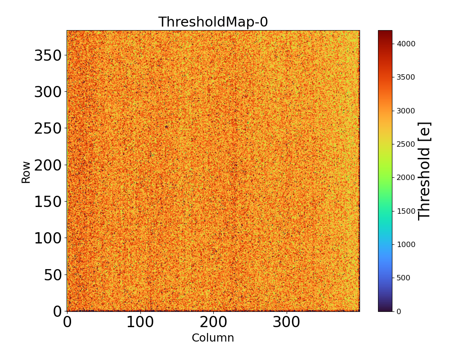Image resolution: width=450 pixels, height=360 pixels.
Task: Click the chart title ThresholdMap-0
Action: click(213, 22)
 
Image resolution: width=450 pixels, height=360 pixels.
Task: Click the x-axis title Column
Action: click(213, 338)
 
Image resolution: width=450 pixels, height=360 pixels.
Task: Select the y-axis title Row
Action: click(26, 172)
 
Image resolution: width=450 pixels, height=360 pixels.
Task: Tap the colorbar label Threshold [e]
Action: click(424, 171)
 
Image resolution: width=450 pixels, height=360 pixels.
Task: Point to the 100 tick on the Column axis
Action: click(140, 322)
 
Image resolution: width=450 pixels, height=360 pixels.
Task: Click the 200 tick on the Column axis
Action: click(213, 322)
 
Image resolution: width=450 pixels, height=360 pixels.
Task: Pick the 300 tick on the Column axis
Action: click(287, 322)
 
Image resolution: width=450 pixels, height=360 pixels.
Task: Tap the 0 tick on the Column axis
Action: click(67, 322)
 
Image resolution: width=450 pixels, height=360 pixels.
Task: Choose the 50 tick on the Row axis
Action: click(53, 274)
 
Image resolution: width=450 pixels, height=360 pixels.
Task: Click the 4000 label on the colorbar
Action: click(406, 44)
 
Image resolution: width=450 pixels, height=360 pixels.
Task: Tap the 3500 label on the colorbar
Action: click(406, 77)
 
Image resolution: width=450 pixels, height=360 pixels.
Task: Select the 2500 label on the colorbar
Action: click(406, 144)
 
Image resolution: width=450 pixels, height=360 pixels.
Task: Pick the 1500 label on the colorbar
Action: click(406, 211)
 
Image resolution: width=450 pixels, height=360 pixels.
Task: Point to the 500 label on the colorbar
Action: click(404, 278)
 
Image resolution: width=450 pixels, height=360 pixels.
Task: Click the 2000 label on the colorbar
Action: click(406, 177)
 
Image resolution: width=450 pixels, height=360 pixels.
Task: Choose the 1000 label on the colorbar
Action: click(406, 244)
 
